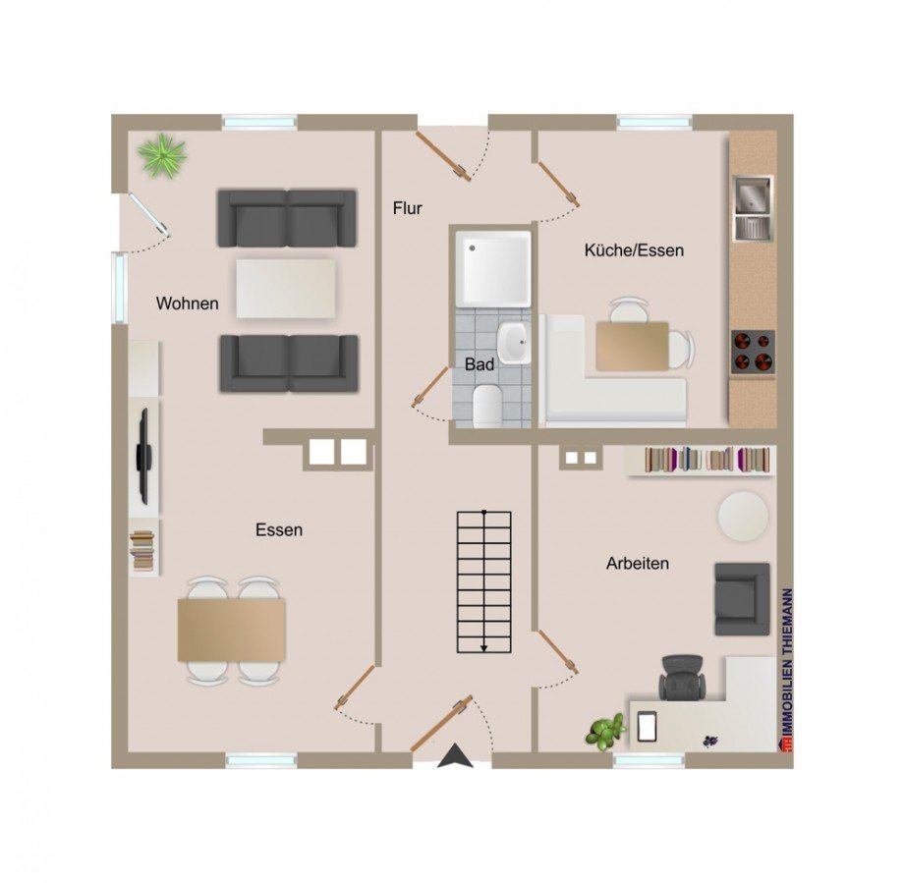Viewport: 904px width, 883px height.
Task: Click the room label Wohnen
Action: coord(188,304)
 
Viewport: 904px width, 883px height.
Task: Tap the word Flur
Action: coord(408,207)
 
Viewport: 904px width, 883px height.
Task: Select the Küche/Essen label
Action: coord(634,250)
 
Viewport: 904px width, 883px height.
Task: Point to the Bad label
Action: coord(480,364)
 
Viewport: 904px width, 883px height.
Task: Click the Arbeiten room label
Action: coord(638,563)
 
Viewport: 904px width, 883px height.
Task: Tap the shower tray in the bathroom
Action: coord(493,268)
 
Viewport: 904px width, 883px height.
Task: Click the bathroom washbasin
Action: coord(514,343)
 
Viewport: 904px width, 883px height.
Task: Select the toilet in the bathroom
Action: coord(487,407)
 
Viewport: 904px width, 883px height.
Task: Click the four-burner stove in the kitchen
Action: coord(753,353)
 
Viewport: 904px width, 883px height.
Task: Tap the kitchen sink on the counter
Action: coord(753,208)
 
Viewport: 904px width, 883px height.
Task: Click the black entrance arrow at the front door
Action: coord(456,755)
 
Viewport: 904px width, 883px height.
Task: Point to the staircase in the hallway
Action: coord(484,582)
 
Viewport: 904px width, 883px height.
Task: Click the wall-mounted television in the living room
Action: coord(143,457)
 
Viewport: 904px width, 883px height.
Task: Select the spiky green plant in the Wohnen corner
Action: coord(163,154)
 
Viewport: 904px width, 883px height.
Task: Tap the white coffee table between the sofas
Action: coord(286,288)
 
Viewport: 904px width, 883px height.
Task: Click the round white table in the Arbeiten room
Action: coord(743,516)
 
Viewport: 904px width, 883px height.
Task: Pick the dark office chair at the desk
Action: coord(683,677)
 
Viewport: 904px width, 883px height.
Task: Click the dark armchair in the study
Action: coord(743,599)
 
